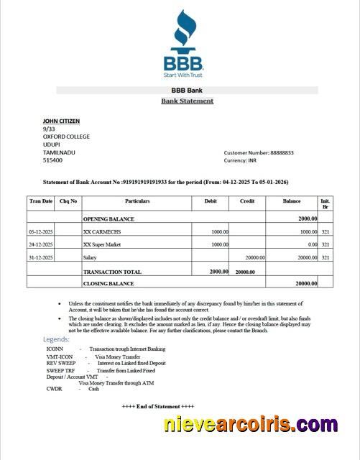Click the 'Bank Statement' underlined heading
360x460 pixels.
point(187,101)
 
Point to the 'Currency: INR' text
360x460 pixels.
point(246,160)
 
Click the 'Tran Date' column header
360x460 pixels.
point(41,201)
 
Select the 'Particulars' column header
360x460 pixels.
point(137,201)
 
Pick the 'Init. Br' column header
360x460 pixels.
point(325,204)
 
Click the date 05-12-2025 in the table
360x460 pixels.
point(41,232)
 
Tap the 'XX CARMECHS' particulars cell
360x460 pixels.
point(103,232)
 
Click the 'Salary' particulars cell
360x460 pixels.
point(90,257)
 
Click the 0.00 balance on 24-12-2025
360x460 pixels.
point(312,244)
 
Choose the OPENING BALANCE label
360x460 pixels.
point(109,218)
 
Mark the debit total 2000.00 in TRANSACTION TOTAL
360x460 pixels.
point(218,272)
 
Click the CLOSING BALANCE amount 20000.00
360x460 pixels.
point(305,284)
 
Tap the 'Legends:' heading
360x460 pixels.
point(57,339)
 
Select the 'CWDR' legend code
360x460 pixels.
point(55,388)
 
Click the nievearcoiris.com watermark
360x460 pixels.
point(249,425)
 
